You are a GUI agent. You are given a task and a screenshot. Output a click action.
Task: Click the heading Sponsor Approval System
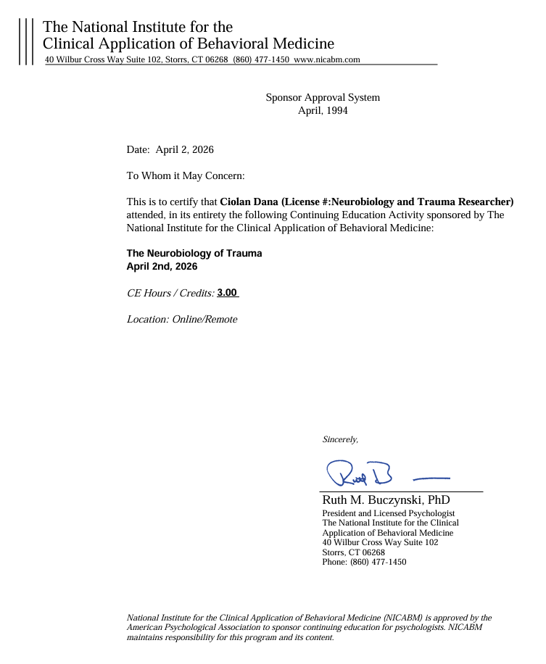323,97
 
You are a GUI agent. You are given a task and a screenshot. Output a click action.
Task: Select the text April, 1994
323,111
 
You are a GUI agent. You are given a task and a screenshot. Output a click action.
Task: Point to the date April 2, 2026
184,149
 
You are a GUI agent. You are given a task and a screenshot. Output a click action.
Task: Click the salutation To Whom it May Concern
186,175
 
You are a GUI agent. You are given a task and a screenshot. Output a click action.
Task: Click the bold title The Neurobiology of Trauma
194,253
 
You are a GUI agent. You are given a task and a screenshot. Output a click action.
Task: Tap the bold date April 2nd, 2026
162,266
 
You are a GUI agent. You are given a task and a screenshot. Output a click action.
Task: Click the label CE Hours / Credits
170,293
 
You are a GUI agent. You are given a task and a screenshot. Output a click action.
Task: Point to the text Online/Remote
204,319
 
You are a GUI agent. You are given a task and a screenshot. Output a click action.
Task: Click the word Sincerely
340,439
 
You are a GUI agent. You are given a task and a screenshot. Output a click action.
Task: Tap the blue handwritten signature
360,474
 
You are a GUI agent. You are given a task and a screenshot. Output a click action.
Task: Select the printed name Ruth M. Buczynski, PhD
386,500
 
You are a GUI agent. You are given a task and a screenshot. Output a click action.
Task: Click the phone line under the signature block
364,562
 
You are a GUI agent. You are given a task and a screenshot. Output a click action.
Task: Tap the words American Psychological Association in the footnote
193,627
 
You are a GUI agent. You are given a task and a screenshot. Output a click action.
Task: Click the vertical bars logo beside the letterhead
26,42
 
